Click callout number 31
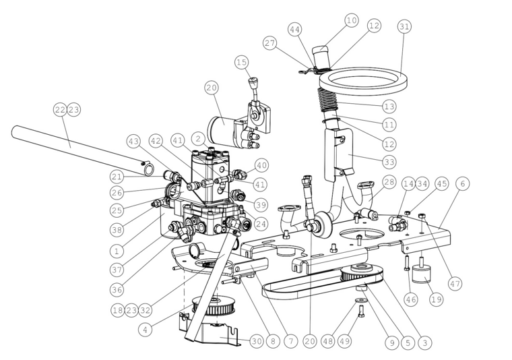404,26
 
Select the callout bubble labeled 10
352,21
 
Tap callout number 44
294,30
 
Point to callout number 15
242,62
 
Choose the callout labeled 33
389,162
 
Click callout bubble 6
462,184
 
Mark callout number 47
455,284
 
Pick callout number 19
437,299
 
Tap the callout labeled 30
257,341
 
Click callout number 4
146,329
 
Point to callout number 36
117,289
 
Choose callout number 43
133,142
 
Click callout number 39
261,205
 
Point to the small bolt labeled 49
362,311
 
